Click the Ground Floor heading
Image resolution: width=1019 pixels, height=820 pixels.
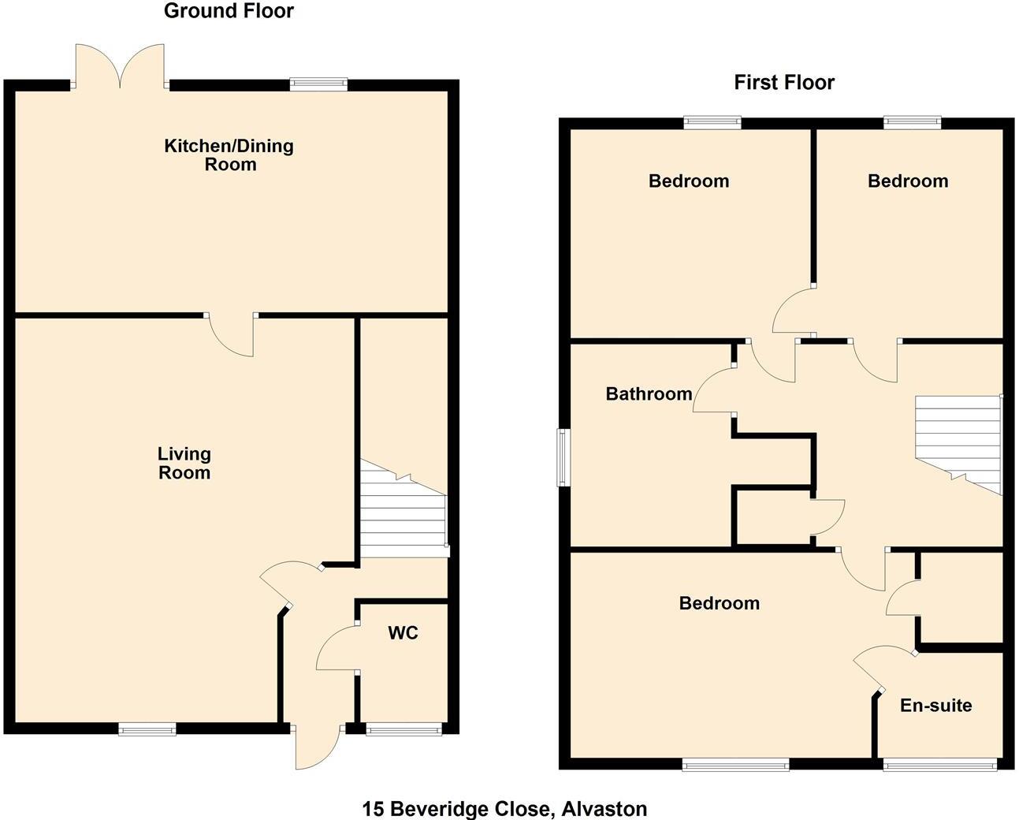coord(229,11)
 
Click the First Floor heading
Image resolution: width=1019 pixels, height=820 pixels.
coord(783,82)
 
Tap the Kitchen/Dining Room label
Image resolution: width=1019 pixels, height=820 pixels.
coord(229,155)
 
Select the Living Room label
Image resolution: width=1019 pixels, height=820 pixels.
coord(184,463)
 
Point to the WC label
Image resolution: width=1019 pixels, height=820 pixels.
coord(403,632)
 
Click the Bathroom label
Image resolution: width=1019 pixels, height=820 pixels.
coord(649,393)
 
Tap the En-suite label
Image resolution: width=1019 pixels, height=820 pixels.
coord(935,705)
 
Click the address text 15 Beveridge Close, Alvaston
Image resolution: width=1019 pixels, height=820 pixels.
coord(504,808)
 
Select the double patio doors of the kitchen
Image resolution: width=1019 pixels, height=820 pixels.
coord(121,66)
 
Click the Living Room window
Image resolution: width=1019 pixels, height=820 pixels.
coord(147,729)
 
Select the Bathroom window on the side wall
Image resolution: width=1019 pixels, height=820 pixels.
coord(563,457)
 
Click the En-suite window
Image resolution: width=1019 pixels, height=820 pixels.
coord(939,763)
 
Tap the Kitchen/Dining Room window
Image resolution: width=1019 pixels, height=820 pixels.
coord(318,84)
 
